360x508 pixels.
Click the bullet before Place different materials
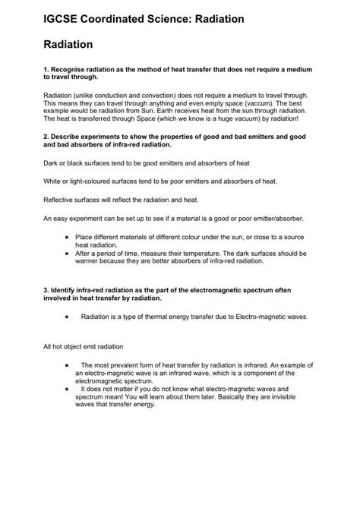(x=68, y=237)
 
